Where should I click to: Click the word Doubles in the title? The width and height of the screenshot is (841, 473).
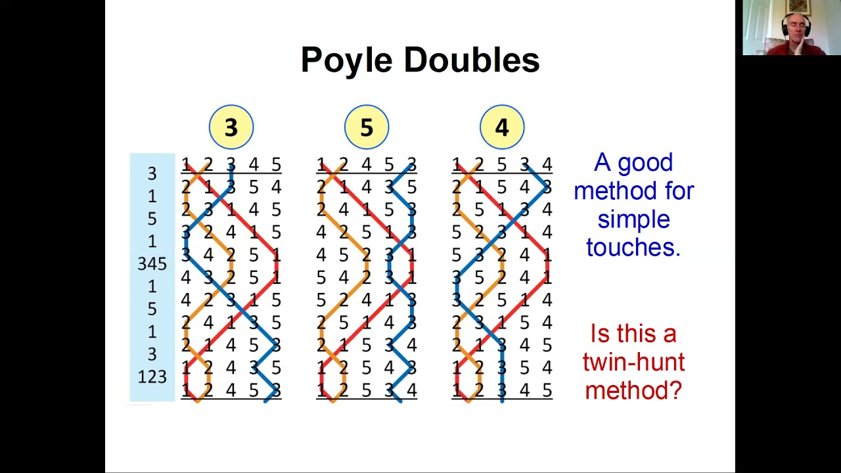[x=472, y=60]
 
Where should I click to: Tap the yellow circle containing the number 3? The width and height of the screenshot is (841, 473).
[x=231, y=127]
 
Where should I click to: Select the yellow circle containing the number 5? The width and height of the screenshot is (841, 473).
[x=367, y=127]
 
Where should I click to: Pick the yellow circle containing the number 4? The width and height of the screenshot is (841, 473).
[x=502, y=127]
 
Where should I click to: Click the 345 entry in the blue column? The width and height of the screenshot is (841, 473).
[x=152, y=264]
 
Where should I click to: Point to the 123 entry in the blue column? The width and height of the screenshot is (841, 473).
[x=152, y=377]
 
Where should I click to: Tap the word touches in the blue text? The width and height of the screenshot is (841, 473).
[x=633, y=247]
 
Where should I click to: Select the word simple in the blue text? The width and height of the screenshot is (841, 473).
[x=633, y=219]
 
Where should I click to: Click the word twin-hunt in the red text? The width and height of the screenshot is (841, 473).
[x=633, y=362]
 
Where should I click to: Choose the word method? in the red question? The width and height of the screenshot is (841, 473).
[x=633, y=390]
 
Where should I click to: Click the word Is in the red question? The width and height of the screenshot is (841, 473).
[x=601, y=334]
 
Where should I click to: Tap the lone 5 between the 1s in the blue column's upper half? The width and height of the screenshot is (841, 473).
[x=152, y=218]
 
